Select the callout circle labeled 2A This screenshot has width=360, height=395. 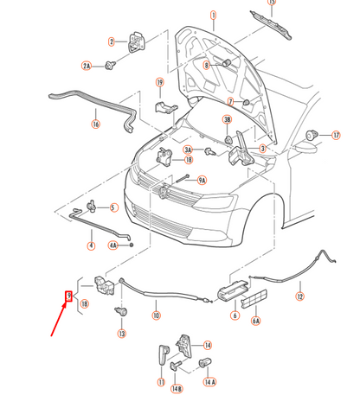tap(87, 66)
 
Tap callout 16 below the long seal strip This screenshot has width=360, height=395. tap(95, 124)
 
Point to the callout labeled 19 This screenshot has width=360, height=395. tap(160, 83)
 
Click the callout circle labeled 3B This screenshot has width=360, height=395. tap(227, 119)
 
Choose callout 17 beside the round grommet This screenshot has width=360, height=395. tap(336, 135)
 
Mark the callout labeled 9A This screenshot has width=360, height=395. tap(202, 180)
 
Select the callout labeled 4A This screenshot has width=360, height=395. tap(112, 245)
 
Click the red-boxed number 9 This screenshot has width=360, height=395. tap(70, 296)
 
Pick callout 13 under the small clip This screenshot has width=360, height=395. tap(121, 334)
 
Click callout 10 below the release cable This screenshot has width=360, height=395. tap(156, 315)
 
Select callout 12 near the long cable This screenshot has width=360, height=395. tap(299, 296)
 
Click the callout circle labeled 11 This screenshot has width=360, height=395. tap(161, 380)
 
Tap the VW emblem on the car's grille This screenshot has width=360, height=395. tap(164, 194)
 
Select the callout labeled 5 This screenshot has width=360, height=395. tap(112, 207)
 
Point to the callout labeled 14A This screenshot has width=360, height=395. tap(210, 380)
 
